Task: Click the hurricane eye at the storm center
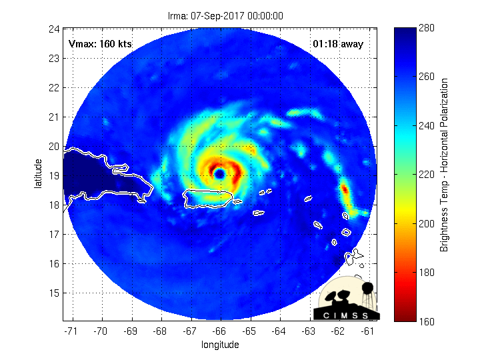(219, 174)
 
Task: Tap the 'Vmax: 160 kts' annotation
(100, 44)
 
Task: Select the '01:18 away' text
(338, 44)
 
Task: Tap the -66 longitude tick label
(219, 330)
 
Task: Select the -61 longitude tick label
(368, 330)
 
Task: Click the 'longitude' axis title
(220, 345)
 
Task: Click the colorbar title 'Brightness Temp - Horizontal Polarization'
(444, 165)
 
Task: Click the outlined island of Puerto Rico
(207, 198)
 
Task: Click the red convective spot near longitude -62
(345, 189)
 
